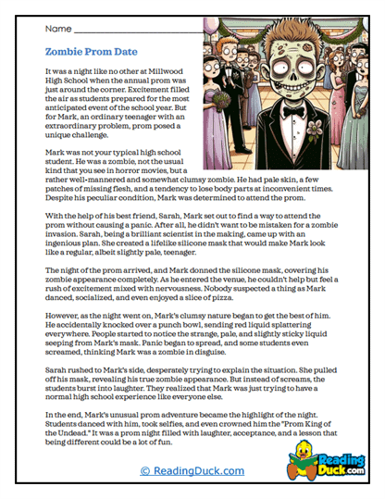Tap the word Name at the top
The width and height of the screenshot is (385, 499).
point(60,31)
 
